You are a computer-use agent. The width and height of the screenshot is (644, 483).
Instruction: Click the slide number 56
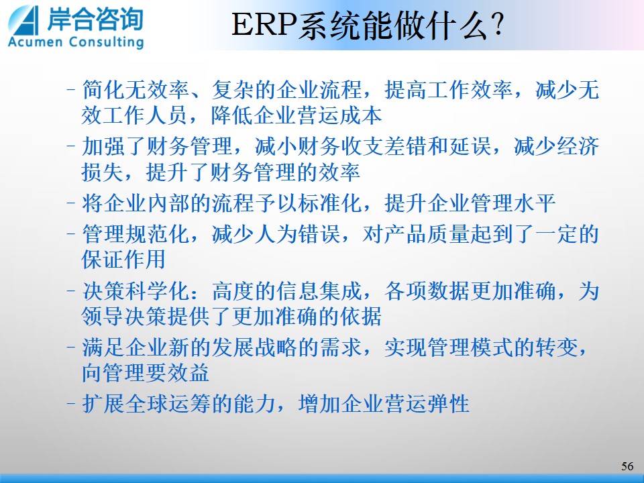point(627,466)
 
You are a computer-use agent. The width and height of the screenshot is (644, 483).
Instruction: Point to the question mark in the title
point(497,25)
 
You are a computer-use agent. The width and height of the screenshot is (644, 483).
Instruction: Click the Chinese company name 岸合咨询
point(95,19)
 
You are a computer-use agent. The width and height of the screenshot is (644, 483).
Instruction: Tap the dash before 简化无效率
point(71,89)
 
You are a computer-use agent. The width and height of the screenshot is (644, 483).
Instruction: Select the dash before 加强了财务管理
point(71,146)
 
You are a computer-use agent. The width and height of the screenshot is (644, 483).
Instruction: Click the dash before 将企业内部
point(71,203)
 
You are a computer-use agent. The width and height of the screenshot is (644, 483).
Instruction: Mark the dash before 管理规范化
point(71,234)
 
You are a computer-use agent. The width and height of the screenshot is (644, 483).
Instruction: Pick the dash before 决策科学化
point(71,290)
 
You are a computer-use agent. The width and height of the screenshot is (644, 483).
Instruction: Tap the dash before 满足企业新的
point(71,347)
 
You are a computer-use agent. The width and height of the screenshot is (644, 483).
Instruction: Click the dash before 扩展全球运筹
point(71,403)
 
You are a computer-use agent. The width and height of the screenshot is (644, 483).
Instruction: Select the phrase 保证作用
point(123,259)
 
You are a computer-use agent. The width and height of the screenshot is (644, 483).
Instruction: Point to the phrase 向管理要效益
point(146,372)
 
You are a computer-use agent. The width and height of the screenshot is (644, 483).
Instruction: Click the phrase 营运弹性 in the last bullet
point(427,403)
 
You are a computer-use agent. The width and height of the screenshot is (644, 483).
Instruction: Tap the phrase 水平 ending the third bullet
point(535,203)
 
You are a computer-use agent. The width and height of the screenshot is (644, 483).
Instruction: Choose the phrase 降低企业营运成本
point(296,115)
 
